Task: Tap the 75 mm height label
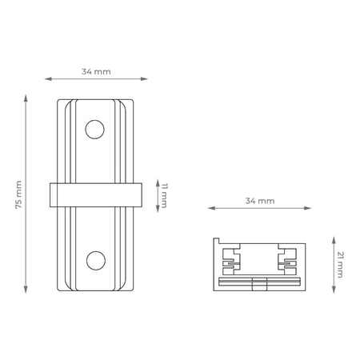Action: [18, 195]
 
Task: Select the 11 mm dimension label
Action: [166, 194]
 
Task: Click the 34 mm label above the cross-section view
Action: [260, 200]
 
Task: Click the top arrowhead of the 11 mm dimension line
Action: [157, 180]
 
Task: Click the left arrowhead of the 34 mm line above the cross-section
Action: [211, 209]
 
